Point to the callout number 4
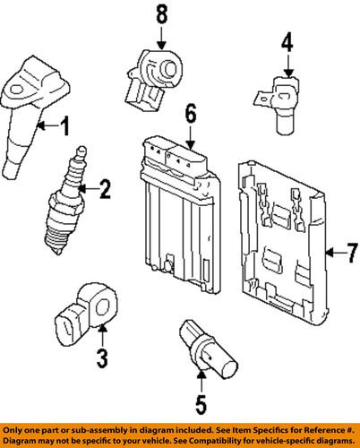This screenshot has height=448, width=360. [287, 41]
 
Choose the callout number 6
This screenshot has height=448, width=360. [190, 113]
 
